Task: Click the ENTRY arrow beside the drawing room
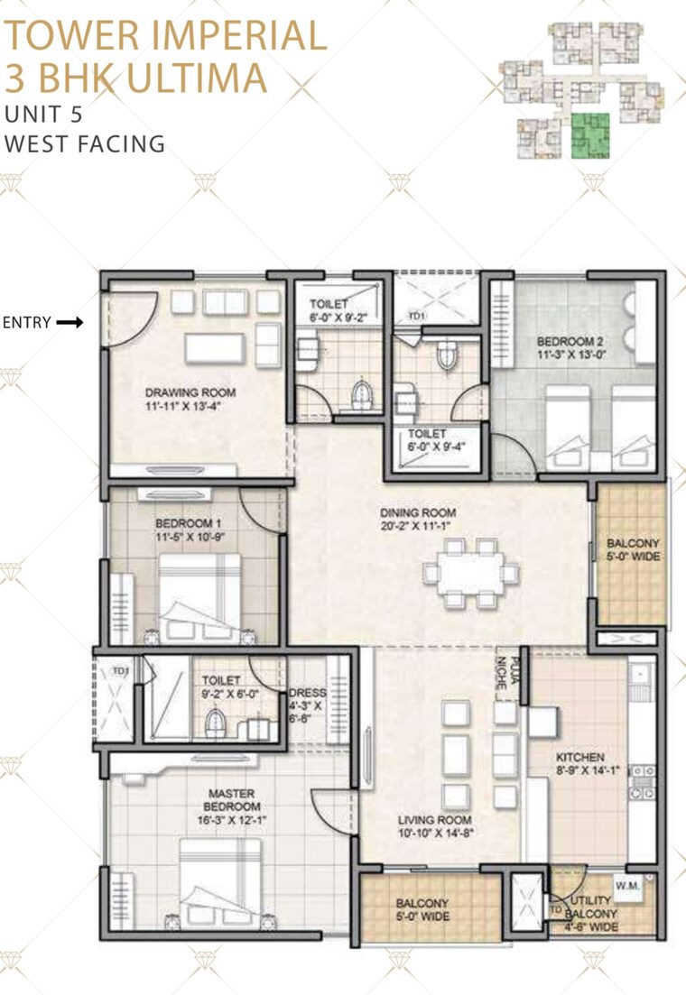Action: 69,322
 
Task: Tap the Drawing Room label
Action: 190,393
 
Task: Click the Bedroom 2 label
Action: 569,342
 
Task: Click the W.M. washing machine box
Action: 627,886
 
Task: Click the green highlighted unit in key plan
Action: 591,136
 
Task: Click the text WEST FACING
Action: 85,143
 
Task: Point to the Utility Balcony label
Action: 591,913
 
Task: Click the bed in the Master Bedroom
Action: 221,877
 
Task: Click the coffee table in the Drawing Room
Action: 213,346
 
